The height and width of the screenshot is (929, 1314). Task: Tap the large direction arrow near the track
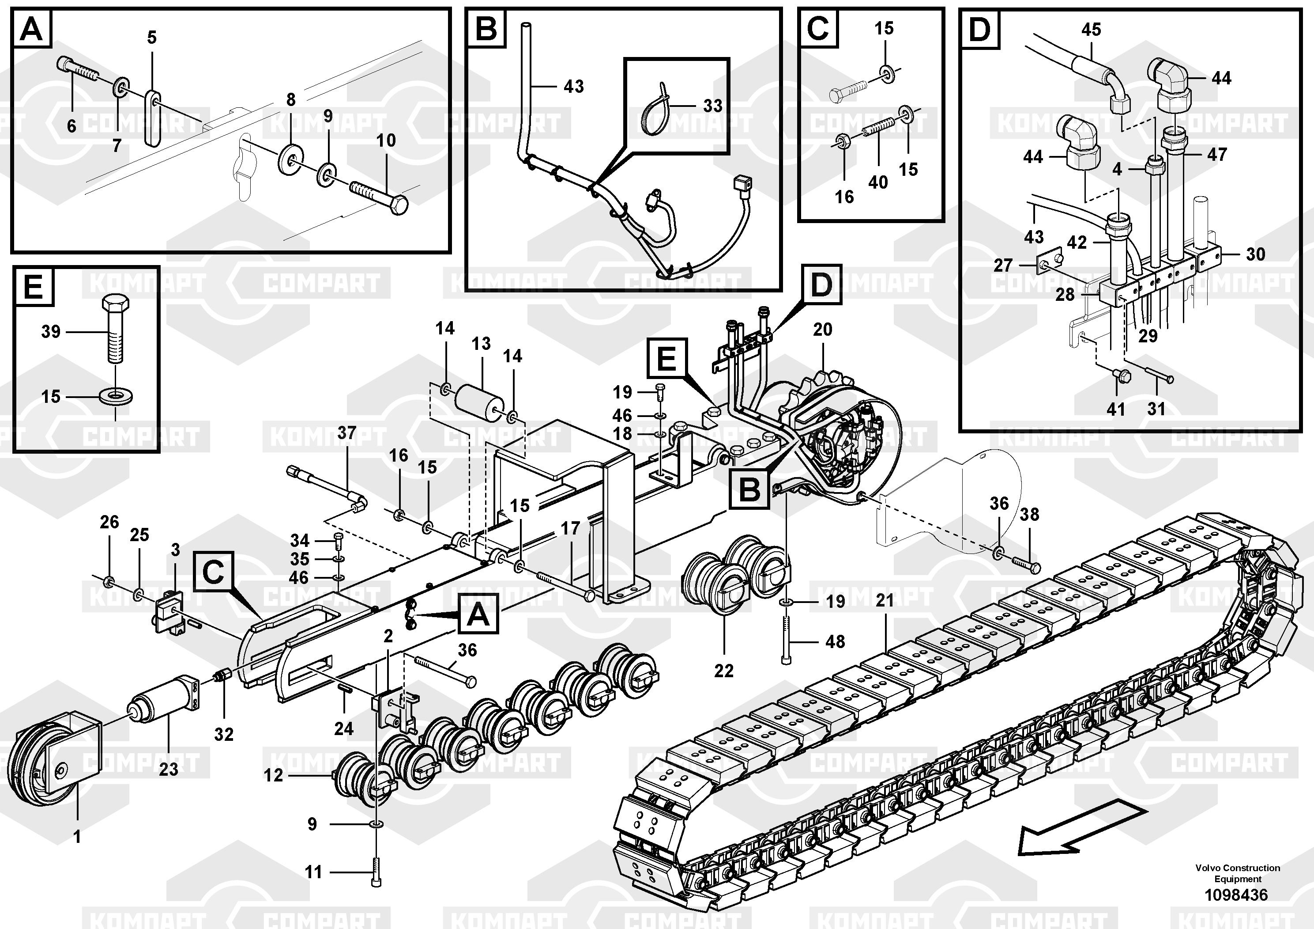(1082, 835)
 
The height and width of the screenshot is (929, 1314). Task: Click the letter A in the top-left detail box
(31, 29)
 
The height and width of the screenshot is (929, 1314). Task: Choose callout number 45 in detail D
(1091, 29)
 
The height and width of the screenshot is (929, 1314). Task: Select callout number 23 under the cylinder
(168, 769)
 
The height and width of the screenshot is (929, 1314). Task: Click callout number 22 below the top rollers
(723, 670)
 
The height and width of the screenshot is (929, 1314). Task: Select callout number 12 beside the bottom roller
(274, 776)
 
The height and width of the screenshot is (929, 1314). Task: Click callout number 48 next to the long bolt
(835, 641)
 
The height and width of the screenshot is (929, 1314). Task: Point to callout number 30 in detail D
(1256, 254)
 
